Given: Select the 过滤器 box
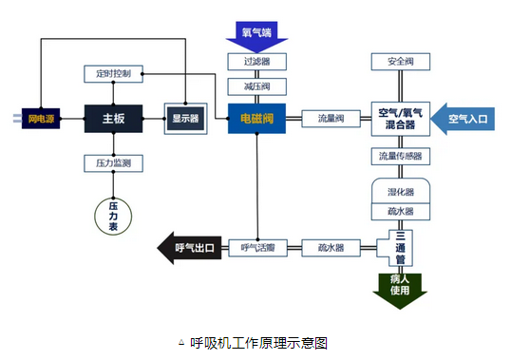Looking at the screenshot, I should tap(256, 62).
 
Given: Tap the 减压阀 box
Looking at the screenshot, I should tap(256, 86).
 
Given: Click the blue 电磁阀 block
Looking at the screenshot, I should tap(256, 119).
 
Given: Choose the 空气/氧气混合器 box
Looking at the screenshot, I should tap(399, 119).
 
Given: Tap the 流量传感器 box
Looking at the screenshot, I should tap(400, 156).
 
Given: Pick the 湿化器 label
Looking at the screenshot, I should tap(400, 191).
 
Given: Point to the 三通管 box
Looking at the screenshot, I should tap(400, 248).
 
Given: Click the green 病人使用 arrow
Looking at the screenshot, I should tap(400, 286).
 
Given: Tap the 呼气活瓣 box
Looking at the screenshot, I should tap(256, 248).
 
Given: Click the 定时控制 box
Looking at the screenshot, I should tap(113, 73).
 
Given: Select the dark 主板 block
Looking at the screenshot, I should tap(113, 119).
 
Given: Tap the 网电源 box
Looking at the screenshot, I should tap(41, 119).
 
